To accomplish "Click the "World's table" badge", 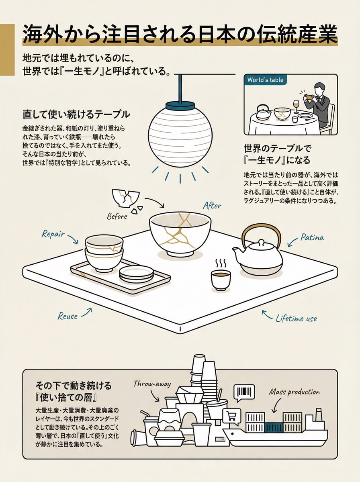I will [265, 80].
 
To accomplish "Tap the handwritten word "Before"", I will [117, 216].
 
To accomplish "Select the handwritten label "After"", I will [212, 205].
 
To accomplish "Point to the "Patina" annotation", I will [312, 237].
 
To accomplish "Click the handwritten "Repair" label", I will [53, 234].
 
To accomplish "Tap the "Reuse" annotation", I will [67, 316].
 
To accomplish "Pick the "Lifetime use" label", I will [296, 319].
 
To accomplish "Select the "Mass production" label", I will [295, 392].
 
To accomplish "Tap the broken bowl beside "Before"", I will [125, 198].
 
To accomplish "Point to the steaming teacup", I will [221, 279].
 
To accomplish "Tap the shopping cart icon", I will [233, 416].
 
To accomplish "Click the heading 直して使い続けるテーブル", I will [76, 114].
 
